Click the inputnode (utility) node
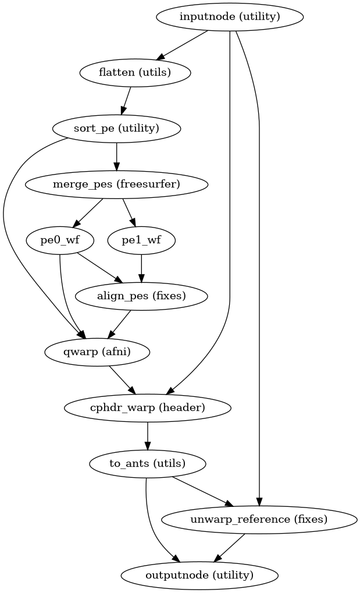[x=230, y=16]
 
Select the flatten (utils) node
[x=134, y=72]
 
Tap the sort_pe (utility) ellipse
[x=117, y=128]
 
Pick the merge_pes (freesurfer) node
[x=117, y=184]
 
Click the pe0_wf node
[x=53, y=240]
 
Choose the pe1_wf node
[x=141, y=240]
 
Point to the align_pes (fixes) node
[x=141, y=296]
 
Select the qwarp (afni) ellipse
[x=97, y=351]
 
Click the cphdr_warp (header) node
[x=148, y=407]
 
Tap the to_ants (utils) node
[x=148, y=463]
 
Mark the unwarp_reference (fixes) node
[x=259, y=519]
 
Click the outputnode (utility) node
[x=199, y=575]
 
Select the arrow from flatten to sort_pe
[x=126, y=100]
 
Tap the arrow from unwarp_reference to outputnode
[x=229, y=547]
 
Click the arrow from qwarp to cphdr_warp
[x=122, y=379]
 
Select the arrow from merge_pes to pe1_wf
[x=129, y=212]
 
